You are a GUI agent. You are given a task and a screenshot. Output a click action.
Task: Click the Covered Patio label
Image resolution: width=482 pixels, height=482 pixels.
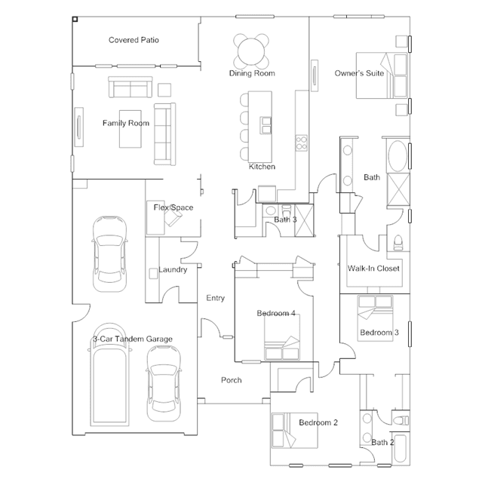(x=134, y=40)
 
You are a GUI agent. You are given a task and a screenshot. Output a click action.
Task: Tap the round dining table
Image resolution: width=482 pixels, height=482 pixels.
(x=251, y=51)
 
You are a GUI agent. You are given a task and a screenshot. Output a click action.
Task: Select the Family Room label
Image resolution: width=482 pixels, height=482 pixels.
(x=126, y=123)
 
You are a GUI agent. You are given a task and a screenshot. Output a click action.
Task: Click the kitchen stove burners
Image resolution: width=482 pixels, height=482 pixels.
(x=301, y=143)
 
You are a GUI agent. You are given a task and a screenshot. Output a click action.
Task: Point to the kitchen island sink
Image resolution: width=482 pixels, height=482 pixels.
(x=266, y=125)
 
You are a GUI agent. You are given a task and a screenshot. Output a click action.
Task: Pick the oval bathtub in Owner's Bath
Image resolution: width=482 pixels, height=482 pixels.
(x=398, y=156)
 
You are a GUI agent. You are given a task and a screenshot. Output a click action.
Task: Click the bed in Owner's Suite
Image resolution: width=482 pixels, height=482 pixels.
(x=382, y=75)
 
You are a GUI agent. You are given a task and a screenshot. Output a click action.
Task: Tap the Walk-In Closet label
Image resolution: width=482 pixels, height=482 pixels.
(x=373, y=269)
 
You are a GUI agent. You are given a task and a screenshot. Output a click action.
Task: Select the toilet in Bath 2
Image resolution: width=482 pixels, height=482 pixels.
(x=401, y=420)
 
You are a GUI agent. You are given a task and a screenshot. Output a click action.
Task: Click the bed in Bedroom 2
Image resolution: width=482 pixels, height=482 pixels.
(x=295, y=431)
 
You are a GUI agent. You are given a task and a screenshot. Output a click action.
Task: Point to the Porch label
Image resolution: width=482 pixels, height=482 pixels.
(x=232, y=380)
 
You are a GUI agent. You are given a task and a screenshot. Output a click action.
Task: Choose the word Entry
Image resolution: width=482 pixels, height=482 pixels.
(x=216, y=298)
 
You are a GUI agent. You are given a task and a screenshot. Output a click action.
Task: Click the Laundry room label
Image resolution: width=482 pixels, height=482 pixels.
(x=173, y=269)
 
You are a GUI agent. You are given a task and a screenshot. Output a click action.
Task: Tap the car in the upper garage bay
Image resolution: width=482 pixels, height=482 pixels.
(x=109, y=254)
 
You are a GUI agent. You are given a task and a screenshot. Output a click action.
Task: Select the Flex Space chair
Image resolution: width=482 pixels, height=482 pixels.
(x=173, y=216)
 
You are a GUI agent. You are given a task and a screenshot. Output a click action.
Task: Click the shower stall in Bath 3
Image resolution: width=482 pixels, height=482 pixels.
(x=304, y=221)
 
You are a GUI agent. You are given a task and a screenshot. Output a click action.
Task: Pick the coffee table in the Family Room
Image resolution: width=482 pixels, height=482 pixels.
(x=130, y=129)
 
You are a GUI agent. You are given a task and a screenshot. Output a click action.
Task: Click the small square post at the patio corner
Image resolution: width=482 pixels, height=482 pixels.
(x=75, y=20)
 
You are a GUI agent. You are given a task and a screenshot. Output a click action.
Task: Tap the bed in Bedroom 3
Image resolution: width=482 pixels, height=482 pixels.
(x=376, y=318)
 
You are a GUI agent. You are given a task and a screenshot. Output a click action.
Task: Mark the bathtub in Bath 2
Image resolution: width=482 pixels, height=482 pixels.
(x=401, y=449)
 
